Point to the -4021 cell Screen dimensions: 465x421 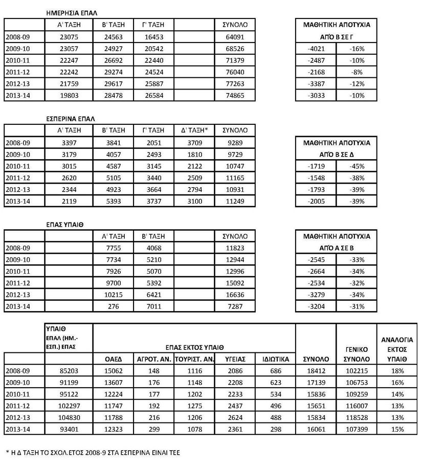316,49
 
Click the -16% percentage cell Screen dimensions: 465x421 357,49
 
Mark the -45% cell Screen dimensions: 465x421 357,166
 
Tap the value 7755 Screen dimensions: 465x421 112,248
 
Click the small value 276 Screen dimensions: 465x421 112,306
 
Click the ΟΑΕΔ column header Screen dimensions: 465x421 113,360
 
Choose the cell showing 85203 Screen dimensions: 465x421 69,371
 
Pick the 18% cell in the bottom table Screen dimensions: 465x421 396,371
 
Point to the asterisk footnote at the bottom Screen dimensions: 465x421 93,452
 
